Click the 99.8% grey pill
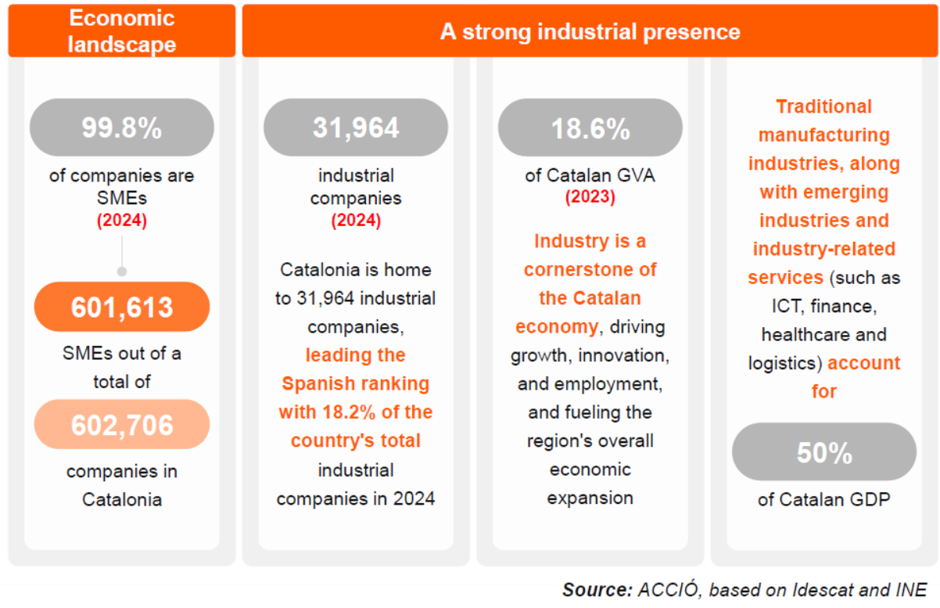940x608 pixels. pyautogui.click(x=121, y=128)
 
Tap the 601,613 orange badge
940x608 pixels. pyautogui.click(x=121, y=307)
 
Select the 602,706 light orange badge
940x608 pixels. pyautogui.click(x=121, y=425)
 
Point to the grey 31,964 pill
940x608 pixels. pyautogui.click(x=356, y=128)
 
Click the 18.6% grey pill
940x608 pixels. pyautogui.click(x=590, y=128)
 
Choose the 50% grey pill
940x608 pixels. pyautogui.click(x=823, y=452)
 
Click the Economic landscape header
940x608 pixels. pyautogui.click(x=121, y=31)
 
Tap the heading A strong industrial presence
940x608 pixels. pyautogui.click(x=590, y=31)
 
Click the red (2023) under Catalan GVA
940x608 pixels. pyautogui.click(x=590, y=197)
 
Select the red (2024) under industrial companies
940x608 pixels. pyautogui.click(x=356, y=221)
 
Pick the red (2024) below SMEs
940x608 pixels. pyautogui.click(x=121, y=221)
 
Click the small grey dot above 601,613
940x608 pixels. pyautogui.click(x=121, y=272)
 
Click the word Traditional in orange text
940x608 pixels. pyautogui.click(x=823, y=106)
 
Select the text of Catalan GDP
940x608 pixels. pyautogui.click(x=823, y=499)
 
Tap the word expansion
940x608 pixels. pyautogui.click(x=590, y=498)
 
